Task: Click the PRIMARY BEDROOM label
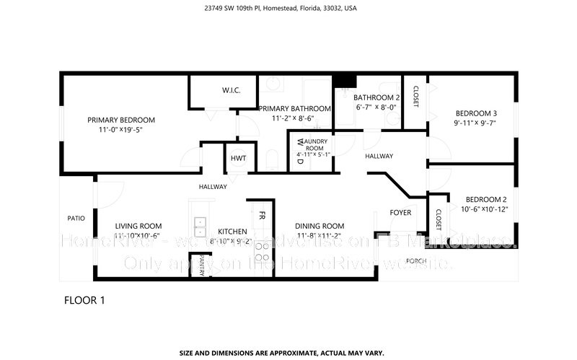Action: click(121, 120)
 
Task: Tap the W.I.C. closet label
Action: click(231, 90)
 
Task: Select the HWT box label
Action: click(238, 159)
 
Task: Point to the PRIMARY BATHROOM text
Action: click(294, 108)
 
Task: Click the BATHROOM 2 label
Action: click(376, 97)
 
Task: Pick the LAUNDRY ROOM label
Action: click(314, 144)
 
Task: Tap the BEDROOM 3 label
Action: click(475, 113)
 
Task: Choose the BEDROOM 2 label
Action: click(485, 200)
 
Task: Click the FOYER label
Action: click(400, 213)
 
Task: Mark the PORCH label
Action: click(416, 260)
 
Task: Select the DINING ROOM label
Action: click(320, 226)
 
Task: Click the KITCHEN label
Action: click(232, 231)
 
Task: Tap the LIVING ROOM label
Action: click(138, 226)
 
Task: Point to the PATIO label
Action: click(76, 218)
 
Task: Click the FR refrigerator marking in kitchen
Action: click(262, 215)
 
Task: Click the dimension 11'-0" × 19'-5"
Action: click(121, 131)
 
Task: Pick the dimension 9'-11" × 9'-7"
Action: click(475, 123)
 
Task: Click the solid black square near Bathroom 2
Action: click(345, 81)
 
